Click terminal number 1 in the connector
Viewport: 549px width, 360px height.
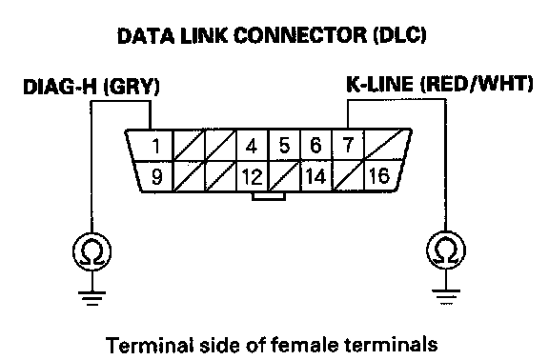click(x=156, y=146)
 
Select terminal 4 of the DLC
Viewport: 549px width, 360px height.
click(x=252, y=146)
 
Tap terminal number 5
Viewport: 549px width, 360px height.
click(x=284, y=146)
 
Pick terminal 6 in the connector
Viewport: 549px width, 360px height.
click(x=315, y=146)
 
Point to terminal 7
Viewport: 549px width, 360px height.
click(x=348, y=145)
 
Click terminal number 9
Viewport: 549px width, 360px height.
click(x=156, y=177)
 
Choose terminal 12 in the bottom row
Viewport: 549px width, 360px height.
click(x=252, y=177)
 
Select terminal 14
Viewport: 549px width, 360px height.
click(x=315, y=176)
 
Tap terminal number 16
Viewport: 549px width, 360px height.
click(x=379, y=175)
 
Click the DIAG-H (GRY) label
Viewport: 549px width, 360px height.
click(x=91, y=87)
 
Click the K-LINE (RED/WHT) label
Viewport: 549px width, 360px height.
click(x=439, y=85)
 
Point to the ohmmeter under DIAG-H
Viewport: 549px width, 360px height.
click(x=92, y=251)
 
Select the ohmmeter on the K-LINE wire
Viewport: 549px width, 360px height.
click(x=446, y=250)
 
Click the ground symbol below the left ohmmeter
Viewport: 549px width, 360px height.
click(x=92, y=298)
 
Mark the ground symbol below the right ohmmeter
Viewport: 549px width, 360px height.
click(x=446, y=297)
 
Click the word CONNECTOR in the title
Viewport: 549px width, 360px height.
click(x=299, y=35)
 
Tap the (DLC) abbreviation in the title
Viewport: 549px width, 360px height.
click(x=400, y=35)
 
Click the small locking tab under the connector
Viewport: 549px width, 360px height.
click(x=269, y=196)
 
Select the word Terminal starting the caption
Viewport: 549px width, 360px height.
click(x=150, y=346)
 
